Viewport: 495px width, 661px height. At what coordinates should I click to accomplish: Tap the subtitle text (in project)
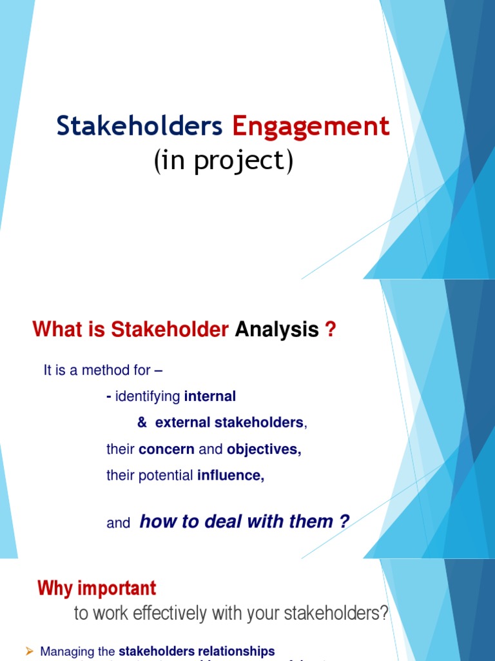pos(223,161)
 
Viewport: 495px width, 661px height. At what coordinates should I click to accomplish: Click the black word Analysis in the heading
pos(277,330)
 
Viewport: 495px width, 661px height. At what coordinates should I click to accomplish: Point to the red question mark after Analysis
pos(330,330)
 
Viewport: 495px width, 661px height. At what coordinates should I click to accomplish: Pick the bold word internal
pos(210,396)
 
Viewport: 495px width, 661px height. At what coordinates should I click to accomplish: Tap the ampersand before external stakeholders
pos(142,423)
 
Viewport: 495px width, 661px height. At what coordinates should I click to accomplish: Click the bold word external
pos(183,423)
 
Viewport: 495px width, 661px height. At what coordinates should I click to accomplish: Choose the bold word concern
pos(166,449)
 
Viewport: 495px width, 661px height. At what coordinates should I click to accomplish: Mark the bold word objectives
pos(264,449)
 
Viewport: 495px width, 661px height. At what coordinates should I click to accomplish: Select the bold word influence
pos(231,476)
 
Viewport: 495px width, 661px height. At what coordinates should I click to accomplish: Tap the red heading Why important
pos(97,588)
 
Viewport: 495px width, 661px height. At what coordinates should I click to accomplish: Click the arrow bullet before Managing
pos(28,651)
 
